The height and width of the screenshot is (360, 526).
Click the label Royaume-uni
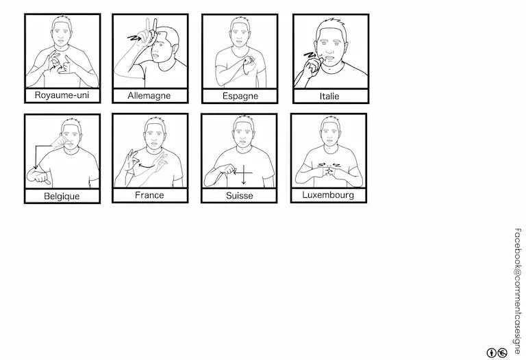[62, 95]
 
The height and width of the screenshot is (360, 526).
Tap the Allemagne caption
[149, 96]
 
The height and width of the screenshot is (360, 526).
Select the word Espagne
[240, 97]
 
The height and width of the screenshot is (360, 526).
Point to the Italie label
[329, 97]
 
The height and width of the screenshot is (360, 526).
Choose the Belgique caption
[62, 196]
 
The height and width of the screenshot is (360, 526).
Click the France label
[149, 195]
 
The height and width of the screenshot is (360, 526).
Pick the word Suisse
[239, 196]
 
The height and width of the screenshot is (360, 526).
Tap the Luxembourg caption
[328, 195]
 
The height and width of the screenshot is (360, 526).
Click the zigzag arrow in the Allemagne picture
[134, 39]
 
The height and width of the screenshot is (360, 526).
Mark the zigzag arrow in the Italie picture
[310, 55]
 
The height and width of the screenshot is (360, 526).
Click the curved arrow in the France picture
[147, 165]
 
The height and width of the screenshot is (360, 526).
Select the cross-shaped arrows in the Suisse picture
[243, 173]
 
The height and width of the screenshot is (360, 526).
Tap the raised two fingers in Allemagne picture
[150, 26]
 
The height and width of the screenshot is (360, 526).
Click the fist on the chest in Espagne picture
[249, 61]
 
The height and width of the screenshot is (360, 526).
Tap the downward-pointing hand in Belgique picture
[38, 177]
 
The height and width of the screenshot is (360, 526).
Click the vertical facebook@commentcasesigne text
[517, 291]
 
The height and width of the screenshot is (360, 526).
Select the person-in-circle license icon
[491, 352]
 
